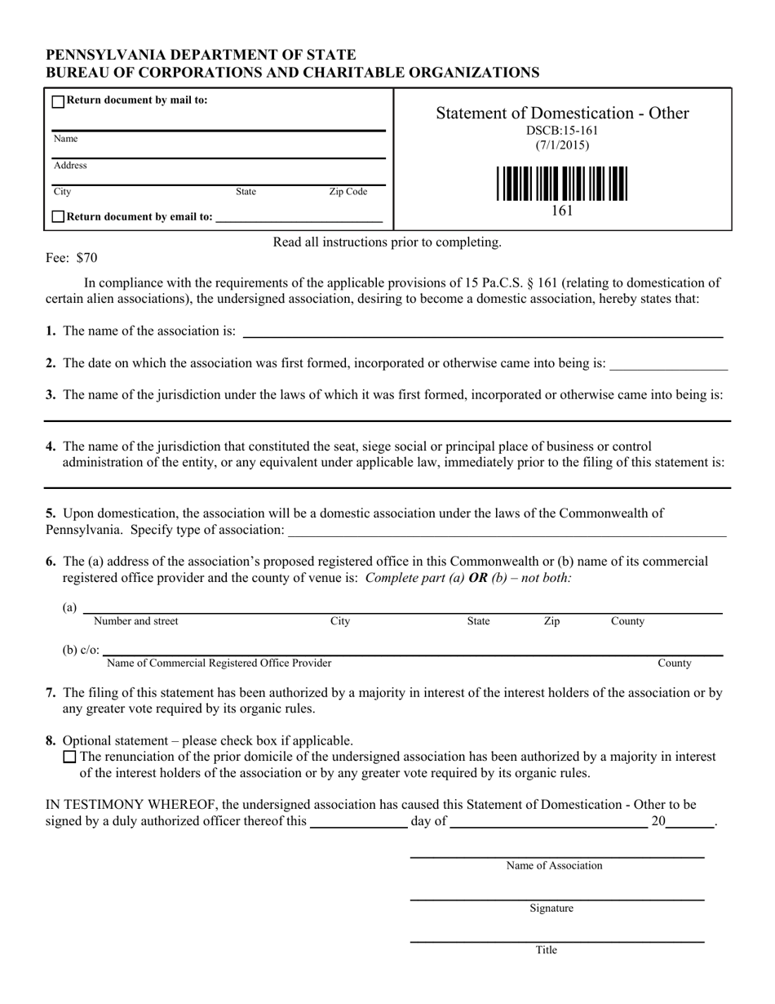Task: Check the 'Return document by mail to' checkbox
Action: pyautogui.click(x=58, y=101)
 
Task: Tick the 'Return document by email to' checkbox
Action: pyautogui.click(x=58, y=217)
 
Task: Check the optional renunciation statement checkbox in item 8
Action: pyautogui.click(x=69, y=757)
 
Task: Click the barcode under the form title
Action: pyautogui.click(x=562, y=184)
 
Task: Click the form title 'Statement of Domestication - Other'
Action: pyautogui.click(x=562, y=113)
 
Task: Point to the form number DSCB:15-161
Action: pyautogui.click(x=562, y=131)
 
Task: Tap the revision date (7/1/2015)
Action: pyautogui.click(x=562, y=145)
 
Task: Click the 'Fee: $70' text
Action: pyautogui.click(x=71, y=258)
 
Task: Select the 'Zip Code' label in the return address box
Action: pyautogui.click(x=348, y=192)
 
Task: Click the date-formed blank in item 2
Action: pyautogui.click(x=668, y=366)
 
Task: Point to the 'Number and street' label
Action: pyautogui.click(x=136, y=621)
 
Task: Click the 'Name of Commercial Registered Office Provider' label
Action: pyautogui.click(x=219, y=663)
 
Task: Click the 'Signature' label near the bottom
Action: pyautogui.click(x=551, y=908)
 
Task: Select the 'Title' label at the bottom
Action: pyautogui.click(x=547, y=949)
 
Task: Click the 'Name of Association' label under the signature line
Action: pyautogui.click(x=554, y=865)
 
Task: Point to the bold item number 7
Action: pyautogui.click(x=51, y=693)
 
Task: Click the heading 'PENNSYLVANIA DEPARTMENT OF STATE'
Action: pyautogui.click(x=201, y=56)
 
